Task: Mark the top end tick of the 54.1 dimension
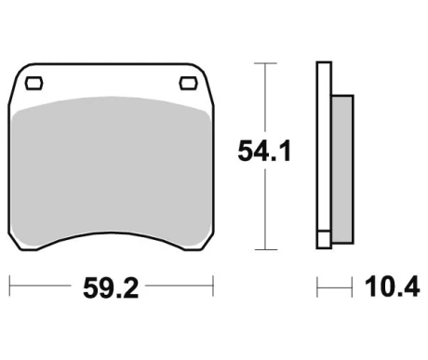point(266,63)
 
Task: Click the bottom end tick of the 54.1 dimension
point(266,249)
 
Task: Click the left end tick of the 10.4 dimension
point(317,287)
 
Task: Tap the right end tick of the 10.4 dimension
point(353,287)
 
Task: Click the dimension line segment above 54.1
point(266,98)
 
